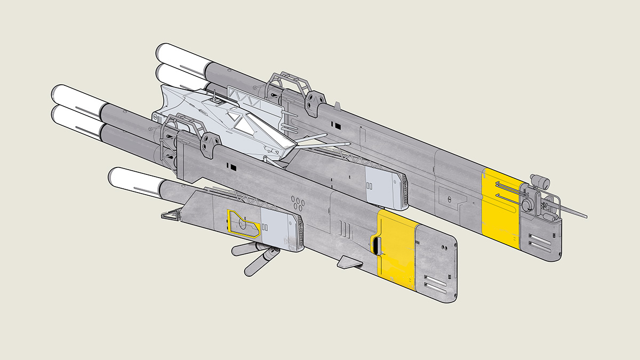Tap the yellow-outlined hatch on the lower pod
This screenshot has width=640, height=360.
pos(243,223)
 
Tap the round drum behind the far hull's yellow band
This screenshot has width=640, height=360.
pos(529,204)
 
